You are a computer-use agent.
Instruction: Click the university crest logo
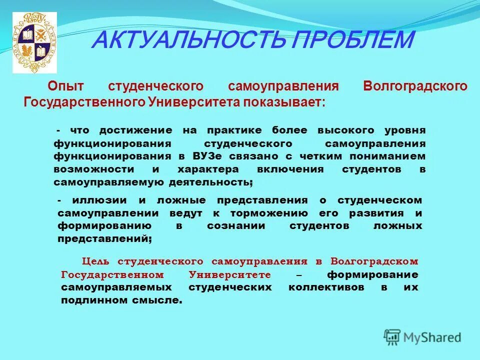click(x=34, y=42)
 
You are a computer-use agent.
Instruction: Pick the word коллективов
click(x=325, y=287)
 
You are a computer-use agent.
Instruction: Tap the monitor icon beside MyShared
click(x=392, y=337)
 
